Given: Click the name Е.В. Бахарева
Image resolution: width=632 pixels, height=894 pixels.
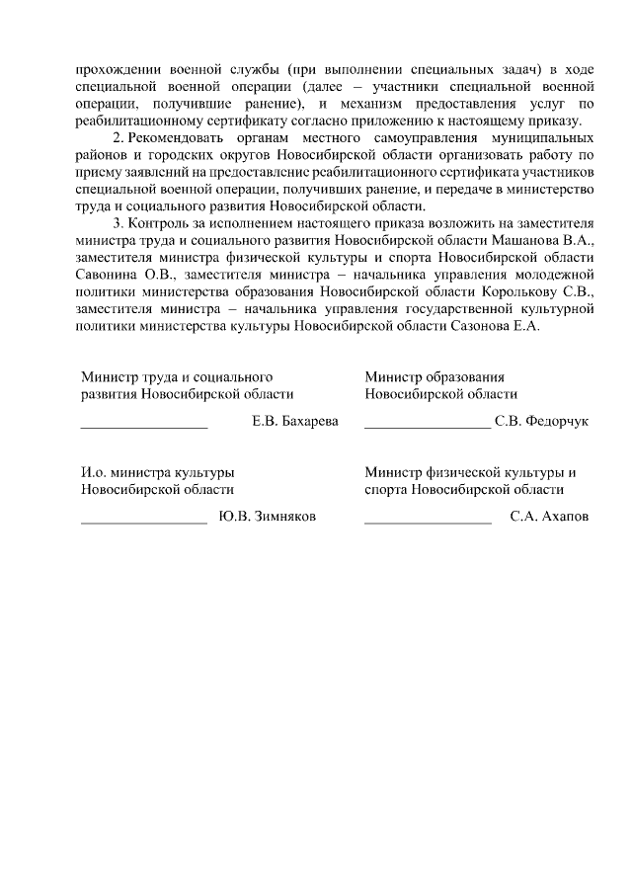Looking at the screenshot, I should click(295, 422).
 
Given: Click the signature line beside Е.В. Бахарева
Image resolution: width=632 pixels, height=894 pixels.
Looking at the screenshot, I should click(144, 428).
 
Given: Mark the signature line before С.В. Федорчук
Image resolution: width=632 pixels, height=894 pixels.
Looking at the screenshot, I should click(428, 428).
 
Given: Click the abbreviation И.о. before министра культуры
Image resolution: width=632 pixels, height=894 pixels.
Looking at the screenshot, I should click(94, 472).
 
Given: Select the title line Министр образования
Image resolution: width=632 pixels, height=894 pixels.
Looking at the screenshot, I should click(434, 377).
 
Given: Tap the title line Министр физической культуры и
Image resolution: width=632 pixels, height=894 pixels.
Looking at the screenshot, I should click(470, 472).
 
